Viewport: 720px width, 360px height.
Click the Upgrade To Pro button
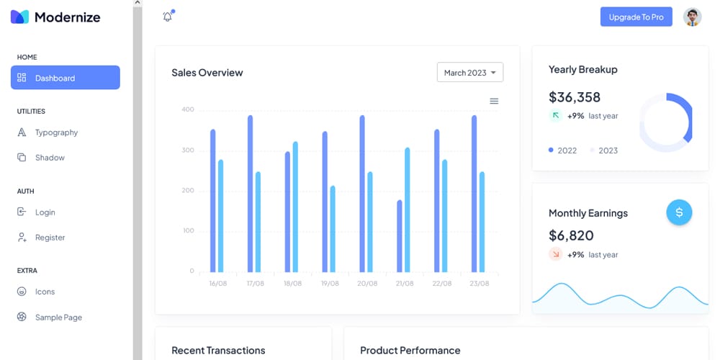(x=636, y=17)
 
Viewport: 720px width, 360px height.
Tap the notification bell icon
(x=168, y=17)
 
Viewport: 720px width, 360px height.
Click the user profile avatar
(x=692, y=17)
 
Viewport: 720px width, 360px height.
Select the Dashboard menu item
(x=65, y=78)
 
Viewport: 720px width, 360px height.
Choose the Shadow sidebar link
(x=49, y=158)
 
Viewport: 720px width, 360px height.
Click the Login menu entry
(x=45, y=212)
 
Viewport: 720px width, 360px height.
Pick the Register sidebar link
(x=50, y=238)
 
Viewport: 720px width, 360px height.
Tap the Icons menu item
(x=45, y=292)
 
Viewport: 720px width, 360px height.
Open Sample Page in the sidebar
(x=58, y=318)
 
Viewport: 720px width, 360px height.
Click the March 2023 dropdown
(x=469, y=73)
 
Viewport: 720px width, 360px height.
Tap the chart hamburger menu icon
(x=494, y=102)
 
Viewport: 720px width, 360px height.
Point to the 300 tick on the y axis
(x=188, y=150)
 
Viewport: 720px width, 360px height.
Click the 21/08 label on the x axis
(x=405, y=284)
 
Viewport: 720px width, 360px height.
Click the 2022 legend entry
(x=562, y=150)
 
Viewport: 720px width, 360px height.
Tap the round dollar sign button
(x=679, y=212)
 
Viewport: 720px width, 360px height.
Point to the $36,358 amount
(x=574, y=97)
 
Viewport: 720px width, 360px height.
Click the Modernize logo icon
(x=19, y=17)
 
